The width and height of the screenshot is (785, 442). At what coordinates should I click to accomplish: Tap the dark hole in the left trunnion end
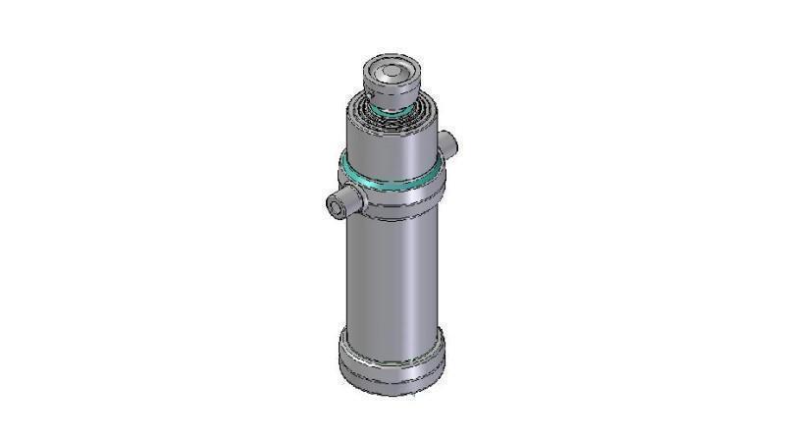click(334, 208)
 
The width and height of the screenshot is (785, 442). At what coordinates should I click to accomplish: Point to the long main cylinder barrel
click(391, 275)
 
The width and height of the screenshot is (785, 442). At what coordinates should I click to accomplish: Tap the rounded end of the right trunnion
click(454, 144)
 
